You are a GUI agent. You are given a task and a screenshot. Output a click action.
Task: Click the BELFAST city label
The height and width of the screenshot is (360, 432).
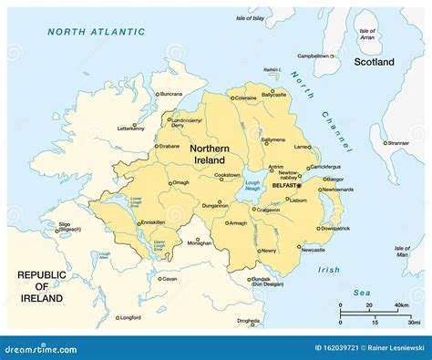point(283,185)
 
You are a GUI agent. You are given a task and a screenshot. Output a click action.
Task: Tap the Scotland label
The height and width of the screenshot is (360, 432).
point(375,62)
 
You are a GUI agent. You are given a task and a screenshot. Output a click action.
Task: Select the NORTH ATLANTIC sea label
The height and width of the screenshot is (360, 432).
point(96,31)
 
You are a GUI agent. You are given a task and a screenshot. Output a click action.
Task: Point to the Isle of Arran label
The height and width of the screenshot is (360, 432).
point(367,34)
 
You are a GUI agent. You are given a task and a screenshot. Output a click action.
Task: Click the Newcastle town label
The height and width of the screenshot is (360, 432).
point(313,249)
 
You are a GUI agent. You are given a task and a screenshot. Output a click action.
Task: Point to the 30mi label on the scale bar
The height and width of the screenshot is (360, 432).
point(415,323)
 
